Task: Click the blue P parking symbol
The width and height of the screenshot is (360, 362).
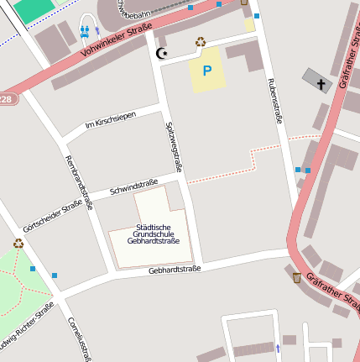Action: pyautogui.click(x=206, y=71)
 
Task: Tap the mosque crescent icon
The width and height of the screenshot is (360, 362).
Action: pyautogui.click(x=162, y=54)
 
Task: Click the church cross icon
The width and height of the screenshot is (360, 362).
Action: pyautogui.click(x=321, y=82)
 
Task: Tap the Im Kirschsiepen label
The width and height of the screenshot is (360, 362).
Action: pyautogui.click(x=111, y=121)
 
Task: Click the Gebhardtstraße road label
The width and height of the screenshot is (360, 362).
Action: pyautogui.click(x=175, y=270)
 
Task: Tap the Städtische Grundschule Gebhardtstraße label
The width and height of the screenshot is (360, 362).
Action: pyautogui.click(x=153, y=233)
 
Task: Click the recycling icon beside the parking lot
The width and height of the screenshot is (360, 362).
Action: pyautogui.click(x=201, y=41)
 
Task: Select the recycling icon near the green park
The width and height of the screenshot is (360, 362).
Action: pyautogui.click(x=18, y=244)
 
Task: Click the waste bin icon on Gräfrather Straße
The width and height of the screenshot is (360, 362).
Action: pyautogui.click(x=296, y=276)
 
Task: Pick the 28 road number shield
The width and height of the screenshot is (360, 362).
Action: pyautogui.click(x=6, y=99)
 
